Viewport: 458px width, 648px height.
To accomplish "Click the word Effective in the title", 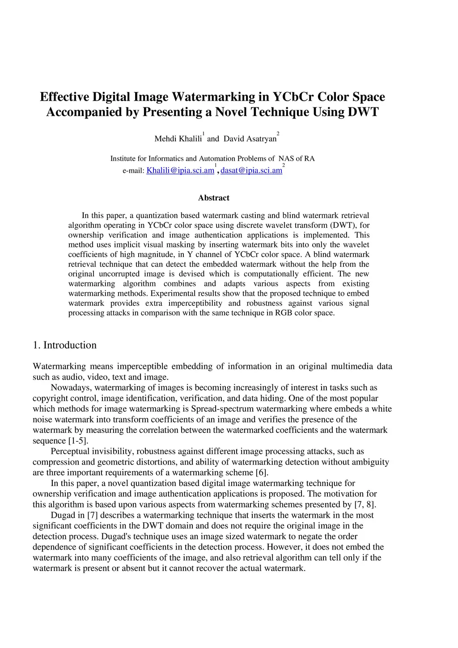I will point(64,97).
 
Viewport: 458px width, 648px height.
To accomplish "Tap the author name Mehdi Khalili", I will point(178,139).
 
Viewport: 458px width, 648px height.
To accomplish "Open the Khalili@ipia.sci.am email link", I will point(180,171).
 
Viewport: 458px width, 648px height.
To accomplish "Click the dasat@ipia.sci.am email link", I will point(251,171).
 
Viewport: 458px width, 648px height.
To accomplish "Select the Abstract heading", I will point(214,198).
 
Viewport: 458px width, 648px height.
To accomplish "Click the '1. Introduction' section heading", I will point(64,345).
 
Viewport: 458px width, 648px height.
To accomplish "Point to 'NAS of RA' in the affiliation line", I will point(297,158).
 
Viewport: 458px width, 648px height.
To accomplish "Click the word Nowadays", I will point(71,388).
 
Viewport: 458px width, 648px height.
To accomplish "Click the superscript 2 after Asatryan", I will point(278,134).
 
